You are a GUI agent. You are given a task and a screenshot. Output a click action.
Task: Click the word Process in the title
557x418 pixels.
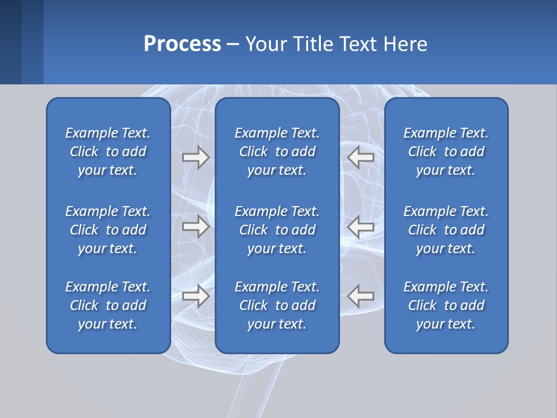(182, 44)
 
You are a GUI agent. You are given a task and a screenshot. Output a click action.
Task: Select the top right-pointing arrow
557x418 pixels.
(196, 157)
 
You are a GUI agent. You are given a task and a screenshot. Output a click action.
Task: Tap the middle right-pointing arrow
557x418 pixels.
(196, 226)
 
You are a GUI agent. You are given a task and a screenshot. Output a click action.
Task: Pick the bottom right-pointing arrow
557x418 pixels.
(196, 296)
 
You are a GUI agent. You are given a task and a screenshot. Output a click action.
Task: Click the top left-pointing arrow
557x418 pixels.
(361, 157)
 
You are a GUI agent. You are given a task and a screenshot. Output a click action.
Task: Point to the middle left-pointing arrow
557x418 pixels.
(361, 226)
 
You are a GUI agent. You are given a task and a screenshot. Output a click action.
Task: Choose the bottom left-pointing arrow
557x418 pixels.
(361, 296)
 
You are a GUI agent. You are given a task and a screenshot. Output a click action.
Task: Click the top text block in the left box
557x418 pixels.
(108, 152)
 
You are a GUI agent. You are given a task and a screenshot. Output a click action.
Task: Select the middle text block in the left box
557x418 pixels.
(108, 230)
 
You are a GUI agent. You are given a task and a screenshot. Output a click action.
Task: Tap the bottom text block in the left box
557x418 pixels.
(108, 305)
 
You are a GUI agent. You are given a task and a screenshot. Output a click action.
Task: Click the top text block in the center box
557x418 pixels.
(277, 152)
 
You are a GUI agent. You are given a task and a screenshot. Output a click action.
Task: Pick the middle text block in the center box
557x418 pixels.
(277, 230)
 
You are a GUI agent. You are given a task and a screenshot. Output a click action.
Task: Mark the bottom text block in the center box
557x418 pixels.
(277, 305)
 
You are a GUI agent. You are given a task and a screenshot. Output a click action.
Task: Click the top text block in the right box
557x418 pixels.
(446, 152)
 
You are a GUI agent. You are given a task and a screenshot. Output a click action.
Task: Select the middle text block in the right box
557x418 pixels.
(446, 230)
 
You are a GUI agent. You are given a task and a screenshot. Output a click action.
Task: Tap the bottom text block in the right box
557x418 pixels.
(446, 305)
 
